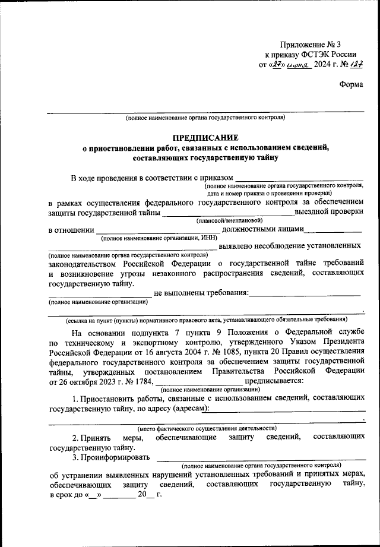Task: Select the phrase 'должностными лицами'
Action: click(x=262, y=230)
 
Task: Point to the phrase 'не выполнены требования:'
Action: click(x=201, y=293)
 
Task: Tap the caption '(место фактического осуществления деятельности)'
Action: click(x=207, y=428)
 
